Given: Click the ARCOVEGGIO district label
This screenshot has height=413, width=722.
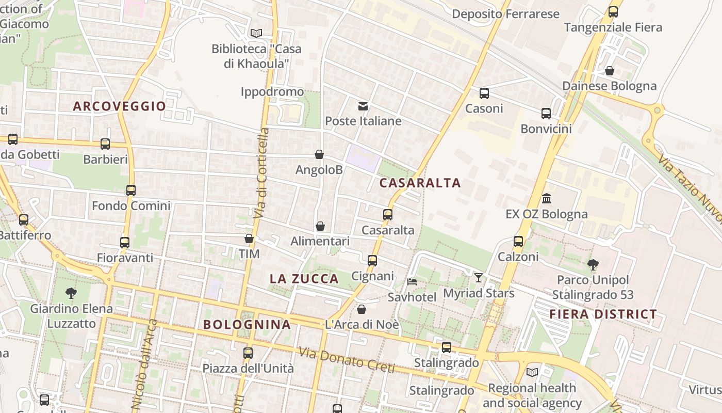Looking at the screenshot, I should point(119,106).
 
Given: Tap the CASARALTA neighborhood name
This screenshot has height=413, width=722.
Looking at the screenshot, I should point(420,183).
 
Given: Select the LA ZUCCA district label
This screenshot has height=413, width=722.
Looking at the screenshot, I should point(304,279).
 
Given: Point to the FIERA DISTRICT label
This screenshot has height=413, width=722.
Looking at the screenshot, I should point(603,314).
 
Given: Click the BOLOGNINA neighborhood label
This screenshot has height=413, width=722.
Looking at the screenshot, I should point(247,325).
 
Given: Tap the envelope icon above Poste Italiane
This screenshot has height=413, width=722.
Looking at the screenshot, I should point(363,106).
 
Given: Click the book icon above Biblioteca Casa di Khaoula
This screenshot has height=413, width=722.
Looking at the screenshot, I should point(256,34).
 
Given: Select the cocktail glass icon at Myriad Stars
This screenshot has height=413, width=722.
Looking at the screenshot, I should point(479,278).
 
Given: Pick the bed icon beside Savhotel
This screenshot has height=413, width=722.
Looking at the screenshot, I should point(412,282).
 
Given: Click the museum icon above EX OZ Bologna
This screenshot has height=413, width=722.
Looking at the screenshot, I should point(547,198).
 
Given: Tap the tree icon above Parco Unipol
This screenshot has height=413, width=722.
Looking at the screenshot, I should point(593,265).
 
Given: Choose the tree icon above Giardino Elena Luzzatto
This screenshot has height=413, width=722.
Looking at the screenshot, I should point(71,293).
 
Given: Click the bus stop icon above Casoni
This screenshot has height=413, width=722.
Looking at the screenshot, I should point(484,93).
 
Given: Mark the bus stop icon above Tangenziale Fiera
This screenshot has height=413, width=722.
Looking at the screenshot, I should point(613,12).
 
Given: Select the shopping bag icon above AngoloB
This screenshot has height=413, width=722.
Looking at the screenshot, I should point(319,154).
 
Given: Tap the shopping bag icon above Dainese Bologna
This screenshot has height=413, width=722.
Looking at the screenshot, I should point(610,71).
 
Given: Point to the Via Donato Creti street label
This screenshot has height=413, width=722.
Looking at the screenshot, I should point(346,360).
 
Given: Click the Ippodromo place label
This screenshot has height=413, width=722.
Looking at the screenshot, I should point(272,92).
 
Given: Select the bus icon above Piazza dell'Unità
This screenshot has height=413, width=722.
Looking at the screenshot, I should point(248,353).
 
